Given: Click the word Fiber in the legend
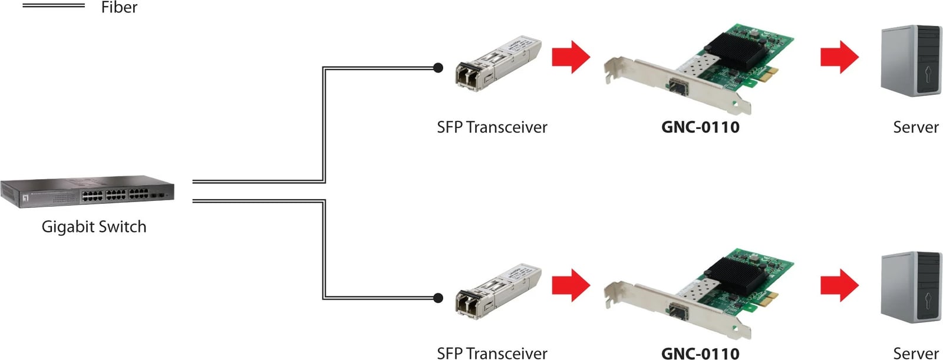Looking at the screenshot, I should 119,8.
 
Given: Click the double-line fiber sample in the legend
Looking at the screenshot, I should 54,6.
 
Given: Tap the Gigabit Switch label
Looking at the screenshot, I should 94,227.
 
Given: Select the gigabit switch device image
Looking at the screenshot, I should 87,191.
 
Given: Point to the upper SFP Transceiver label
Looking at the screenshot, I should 492,127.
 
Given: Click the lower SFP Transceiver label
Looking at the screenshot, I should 492,353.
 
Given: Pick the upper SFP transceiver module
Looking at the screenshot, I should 498,65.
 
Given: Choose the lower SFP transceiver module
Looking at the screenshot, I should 498,290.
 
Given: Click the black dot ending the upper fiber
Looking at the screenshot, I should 438,68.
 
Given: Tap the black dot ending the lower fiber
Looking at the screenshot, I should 438,298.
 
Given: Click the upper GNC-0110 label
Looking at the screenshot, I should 700,127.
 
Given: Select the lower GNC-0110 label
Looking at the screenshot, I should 700,353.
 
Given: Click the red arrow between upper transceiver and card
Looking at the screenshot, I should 571,57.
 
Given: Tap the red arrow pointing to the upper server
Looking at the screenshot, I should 839,57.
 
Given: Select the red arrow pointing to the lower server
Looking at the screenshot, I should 839,285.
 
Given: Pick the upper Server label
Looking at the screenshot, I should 915,127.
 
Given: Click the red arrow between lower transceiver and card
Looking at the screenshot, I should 571,285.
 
